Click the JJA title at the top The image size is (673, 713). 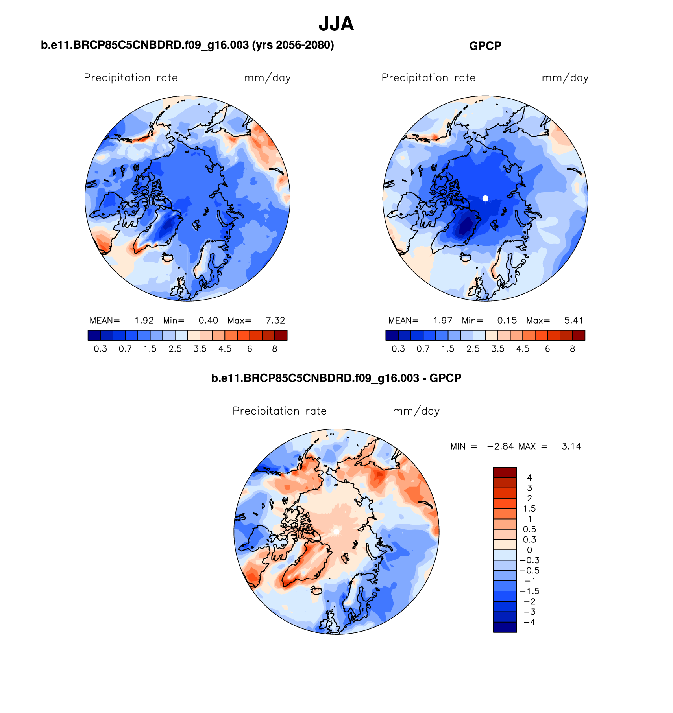pos(336,24)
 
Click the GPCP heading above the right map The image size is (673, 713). pos(485,46)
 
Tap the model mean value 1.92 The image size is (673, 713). pos(144,321)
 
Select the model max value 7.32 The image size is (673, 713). pos(275,321)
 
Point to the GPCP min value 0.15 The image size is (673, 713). pos(507,321)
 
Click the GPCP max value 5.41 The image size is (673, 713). pos(573,321)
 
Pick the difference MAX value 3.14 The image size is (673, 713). pos(571,446)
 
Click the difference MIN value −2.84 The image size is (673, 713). pos(500,446)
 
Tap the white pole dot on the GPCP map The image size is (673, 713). pos(485,199)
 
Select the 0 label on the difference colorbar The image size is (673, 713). pos(529,550)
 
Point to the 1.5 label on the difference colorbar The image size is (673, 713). pos(529,509)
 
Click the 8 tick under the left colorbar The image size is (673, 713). pos(275,349)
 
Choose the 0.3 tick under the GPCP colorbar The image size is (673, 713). pos(398,349)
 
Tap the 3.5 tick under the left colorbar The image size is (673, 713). pos(200,349)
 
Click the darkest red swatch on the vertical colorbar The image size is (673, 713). pos(505,472)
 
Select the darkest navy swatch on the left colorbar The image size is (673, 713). pos(94,335)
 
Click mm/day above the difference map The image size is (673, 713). pos(416,411)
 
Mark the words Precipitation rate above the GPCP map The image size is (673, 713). pos(428,78)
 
